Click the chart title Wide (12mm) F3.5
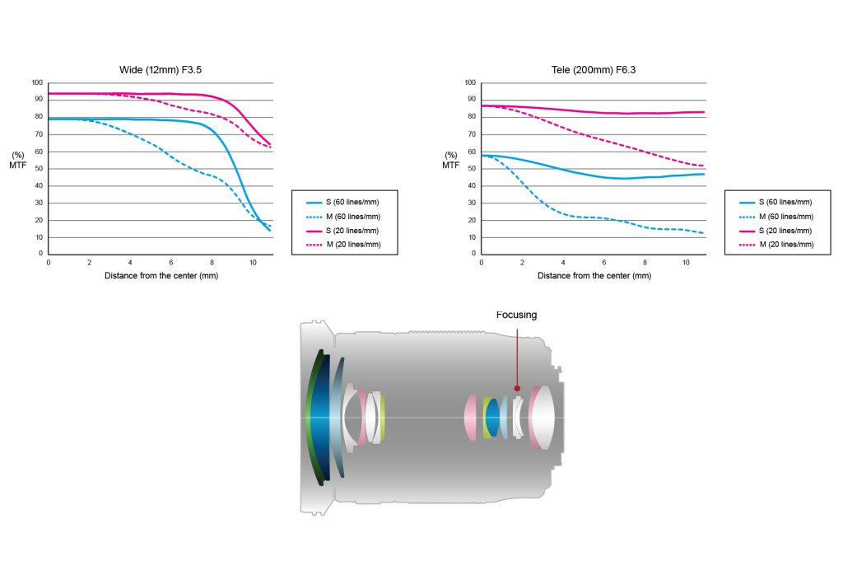coord(161,70)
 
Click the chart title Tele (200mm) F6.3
coord(594,70)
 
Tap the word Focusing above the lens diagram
coord(516,315)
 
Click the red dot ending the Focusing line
coord(517,388)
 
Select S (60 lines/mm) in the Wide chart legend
coord(352,202)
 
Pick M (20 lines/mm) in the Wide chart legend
coord(353,244)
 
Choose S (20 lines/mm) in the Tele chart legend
coord(785,231)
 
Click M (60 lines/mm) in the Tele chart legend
coord(786,217)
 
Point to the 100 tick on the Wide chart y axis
coord(37,82)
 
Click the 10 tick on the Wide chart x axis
coord(253,263)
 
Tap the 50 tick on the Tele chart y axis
coord(472,168)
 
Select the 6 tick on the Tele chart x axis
coord(603,263)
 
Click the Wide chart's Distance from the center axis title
coord(161,275)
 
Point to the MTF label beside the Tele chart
coord(450,165)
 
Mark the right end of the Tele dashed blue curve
coord(703,233)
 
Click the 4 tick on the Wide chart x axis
coord(130,263)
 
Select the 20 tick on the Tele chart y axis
coord(472,220)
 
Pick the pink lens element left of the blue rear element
coord(471,418)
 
